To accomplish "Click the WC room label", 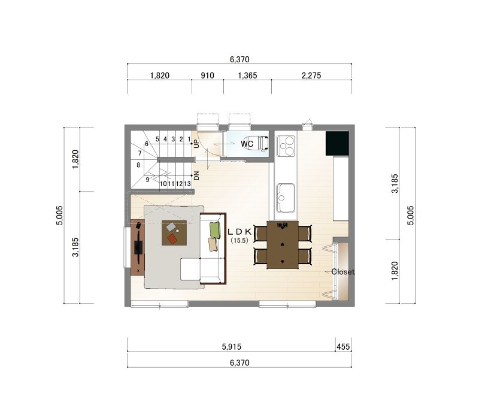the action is [247, 144].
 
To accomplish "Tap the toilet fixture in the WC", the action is [263, 143].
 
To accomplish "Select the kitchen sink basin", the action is [286, 198].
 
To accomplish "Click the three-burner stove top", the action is [286, 146].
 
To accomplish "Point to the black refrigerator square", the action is [337, 143].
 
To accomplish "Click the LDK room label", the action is [239, 232].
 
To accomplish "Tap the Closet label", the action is [342, 272].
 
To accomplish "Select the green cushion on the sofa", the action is [215, 230].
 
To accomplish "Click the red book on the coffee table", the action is [172, 239].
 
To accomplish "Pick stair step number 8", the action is [138, 165].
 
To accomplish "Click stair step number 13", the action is [187, 184].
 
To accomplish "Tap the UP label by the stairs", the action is [196, 144].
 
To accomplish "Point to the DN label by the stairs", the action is [196, 175].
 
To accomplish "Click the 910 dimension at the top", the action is [207, 75].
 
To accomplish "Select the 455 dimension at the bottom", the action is [343, 347].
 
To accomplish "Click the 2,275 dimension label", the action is [311, 75].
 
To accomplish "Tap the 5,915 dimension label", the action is [232, 347].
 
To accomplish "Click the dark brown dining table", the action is [283, 245].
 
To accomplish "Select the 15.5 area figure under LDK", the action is [239, 241].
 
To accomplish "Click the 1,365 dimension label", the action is [247, 75].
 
